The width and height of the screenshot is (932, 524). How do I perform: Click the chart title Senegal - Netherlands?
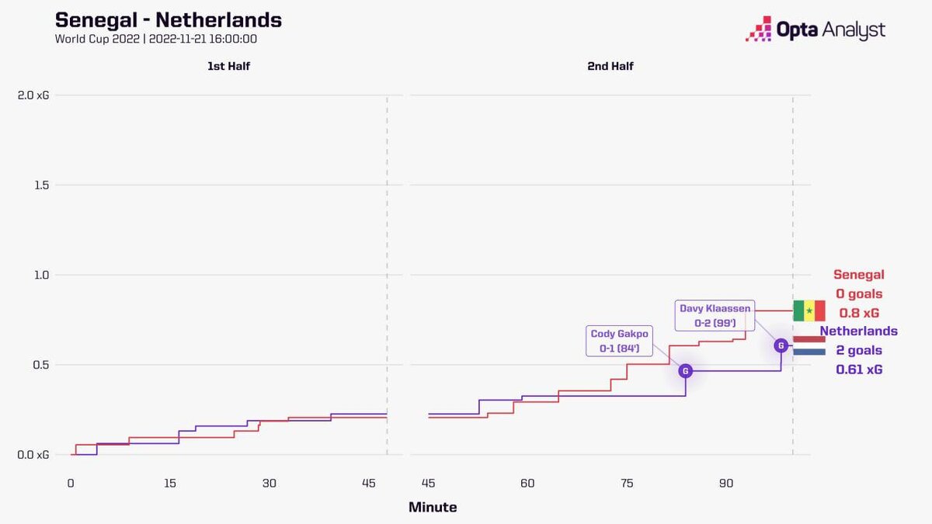click(x=169, y=20)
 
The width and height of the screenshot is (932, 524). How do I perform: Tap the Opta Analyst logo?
click(x=815, y=29)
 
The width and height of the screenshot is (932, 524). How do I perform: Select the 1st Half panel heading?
click(x=228, y=67)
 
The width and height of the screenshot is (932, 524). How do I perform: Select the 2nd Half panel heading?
click(x=610, y=67)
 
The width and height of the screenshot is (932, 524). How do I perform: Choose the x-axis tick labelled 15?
click(x=170, y=484)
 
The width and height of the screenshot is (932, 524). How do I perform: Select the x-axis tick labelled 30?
click(x=269, y=484)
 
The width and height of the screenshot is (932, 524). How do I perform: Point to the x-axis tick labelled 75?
click(x=627, y=484)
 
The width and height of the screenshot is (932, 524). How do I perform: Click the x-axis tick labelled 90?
click(x=725, y=484)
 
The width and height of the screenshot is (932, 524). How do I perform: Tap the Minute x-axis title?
click(x=433, y=508)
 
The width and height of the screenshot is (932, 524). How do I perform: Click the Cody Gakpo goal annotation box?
click(x=619, y=342)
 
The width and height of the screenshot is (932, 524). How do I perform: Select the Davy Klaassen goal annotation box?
click(x=715, y=315)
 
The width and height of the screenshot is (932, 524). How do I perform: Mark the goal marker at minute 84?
click(x=686, y=371)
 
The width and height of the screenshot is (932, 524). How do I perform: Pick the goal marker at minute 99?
click(x=781, y=345)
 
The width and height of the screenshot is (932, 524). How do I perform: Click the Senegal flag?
click(x=809, y=311)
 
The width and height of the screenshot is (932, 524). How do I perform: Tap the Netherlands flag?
click(x=809, y=345)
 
